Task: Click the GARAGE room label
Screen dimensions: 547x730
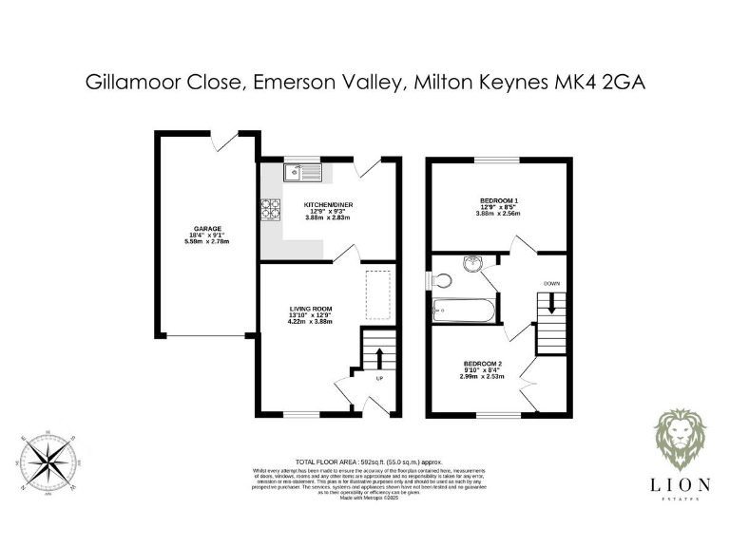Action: pyautogui.click(x=208, y=229)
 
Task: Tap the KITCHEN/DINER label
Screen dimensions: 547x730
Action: pyautogui.click(x=328, y=205)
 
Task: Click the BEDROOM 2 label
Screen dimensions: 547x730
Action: pyautogui.click(x=483, y=364)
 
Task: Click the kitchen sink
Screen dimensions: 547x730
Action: pyautogui.click(x=303, y=172)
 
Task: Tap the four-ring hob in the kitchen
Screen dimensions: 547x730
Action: pyautogui.click(x=269, y=208)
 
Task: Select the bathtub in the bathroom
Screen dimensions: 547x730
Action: pyautogui.click(x=461, y=310)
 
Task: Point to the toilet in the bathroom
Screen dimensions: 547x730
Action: pyautogui.click(x=439, y=279)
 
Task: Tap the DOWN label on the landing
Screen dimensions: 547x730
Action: pyautogui.click(x=552, y=284)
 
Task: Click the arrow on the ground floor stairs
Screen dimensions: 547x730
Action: pyautogui.click(x=380, y=358)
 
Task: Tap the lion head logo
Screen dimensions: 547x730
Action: pyautogui.click(x=681, y=440)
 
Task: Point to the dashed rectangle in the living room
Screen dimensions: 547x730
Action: pyautogui.click(x=378, y=294)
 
